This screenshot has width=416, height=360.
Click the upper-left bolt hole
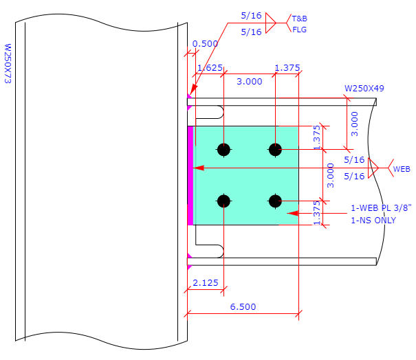pos(223,149)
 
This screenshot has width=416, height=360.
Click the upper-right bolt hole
pos(275,149)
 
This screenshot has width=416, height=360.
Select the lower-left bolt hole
pos(223,201)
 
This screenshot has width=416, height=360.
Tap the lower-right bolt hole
pos(275,201)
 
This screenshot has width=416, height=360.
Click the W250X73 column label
pos(8,65)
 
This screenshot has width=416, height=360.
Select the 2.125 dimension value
pos(206,282)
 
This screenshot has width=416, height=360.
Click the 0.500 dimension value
pos(205,43)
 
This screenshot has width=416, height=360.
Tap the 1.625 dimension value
pos(210,68)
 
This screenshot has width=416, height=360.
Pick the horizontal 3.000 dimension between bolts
pos(249,81)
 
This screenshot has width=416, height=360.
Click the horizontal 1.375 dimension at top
pos(287,67)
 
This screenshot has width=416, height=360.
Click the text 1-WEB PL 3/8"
pos(381,208)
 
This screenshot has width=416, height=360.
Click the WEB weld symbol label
pos(402,168)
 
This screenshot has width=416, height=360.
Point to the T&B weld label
pos(300,19)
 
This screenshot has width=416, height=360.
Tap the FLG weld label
pos(299,30)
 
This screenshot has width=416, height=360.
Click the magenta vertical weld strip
pos(190,175)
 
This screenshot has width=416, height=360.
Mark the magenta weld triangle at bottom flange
pos(189,258)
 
